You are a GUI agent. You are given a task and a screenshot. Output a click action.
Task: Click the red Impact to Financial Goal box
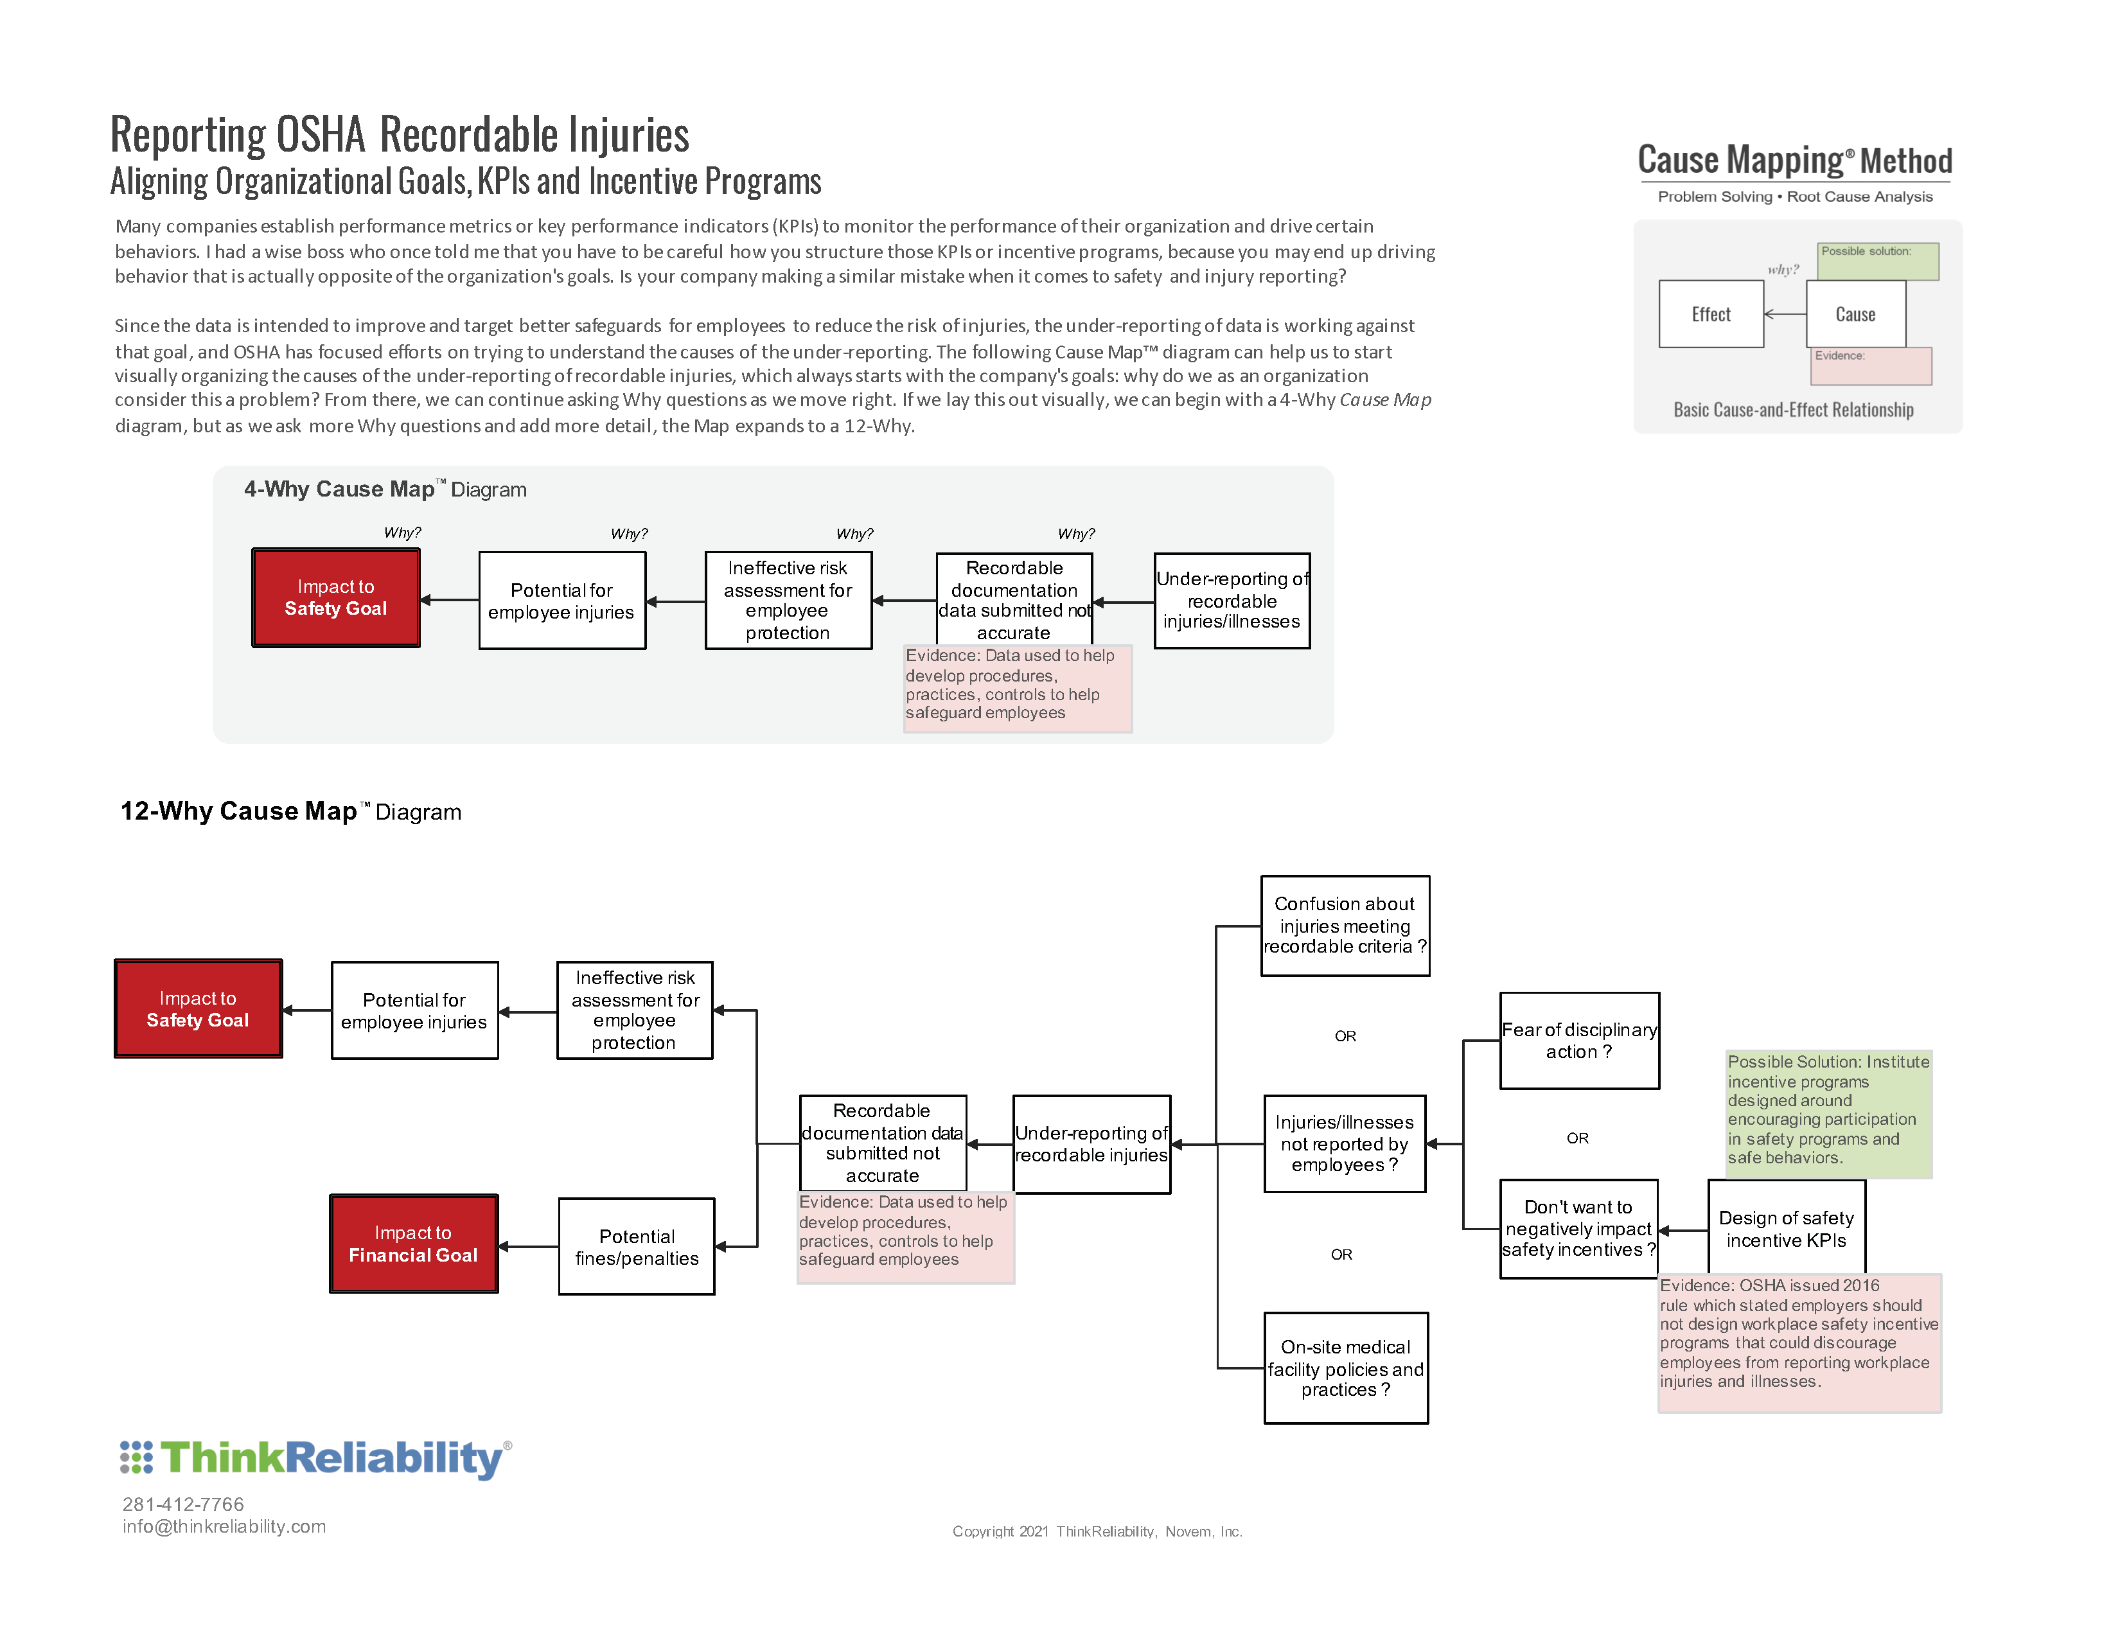click(414, 1244)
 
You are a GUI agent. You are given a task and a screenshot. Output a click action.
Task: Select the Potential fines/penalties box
click(637, 1246)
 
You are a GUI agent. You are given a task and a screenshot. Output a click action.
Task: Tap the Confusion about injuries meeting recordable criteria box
click(1345, 926)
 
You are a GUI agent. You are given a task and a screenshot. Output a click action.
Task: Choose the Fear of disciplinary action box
click(1578, 1040)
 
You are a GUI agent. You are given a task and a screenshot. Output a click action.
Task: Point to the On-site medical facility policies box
click(1345, 1368)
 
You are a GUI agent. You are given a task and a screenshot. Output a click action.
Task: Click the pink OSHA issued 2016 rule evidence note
click(1799, 1342)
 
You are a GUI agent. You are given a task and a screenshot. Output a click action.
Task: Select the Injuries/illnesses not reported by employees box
click(1345, 1143)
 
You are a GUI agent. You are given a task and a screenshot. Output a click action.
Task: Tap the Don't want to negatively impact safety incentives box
click(1578, 1228)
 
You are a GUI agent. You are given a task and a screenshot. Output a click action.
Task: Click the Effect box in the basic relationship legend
click(1710, 314)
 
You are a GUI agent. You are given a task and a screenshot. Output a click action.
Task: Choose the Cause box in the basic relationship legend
click(1855, 314)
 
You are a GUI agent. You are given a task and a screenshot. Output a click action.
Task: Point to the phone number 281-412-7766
click(184, 1504)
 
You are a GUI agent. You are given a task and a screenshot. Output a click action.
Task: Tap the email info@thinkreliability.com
click(224, 1526)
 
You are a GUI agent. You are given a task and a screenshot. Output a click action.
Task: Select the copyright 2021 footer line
click(1097, 1531)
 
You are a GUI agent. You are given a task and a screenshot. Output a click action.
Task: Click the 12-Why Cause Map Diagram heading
click(290, 811)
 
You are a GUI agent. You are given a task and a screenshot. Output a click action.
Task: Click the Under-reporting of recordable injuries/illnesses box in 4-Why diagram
click(1232, 601)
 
